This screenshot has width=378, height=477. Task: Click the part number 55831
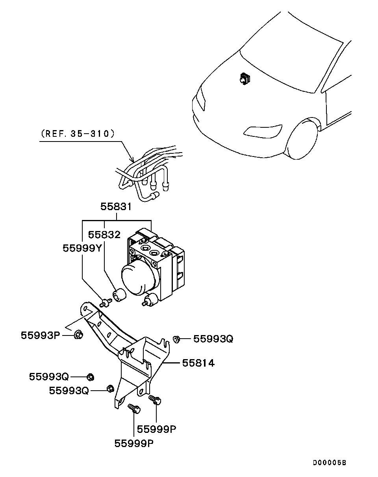116,207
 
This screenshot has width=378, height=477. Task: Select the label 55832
104,235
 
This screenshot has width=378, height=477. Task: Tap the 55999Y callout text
82,248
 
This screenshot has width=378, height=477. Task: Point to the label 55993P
41,335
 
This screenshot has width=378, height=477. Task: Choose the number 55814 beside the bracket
198,363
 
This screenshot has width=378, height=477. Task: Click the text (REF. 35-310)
78,134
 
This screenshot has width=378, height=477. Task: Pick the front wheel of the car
302,140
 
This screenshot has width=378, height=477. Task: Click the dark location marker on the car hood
245,79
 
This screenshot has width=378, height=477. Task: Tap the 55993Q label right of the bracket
213,339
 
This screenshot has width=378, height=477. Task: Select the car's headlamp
202,98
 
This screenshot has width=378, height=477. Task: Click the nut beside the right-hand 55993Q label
176,339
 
